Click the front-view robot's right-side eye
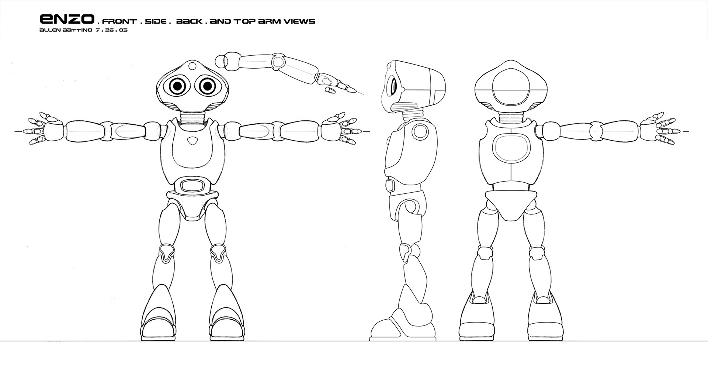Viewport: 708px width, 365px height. pos(207,86)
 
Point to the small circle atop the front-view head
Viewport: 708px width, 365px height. pos(192,66)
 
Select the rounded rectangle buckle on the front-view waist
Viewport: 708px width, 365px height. pos(193,185)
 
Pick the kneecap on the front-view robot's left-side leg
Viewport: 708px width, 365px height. pos(167,253)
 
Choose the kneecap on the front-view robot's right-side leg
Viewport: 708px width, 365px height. pos(218,253)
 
